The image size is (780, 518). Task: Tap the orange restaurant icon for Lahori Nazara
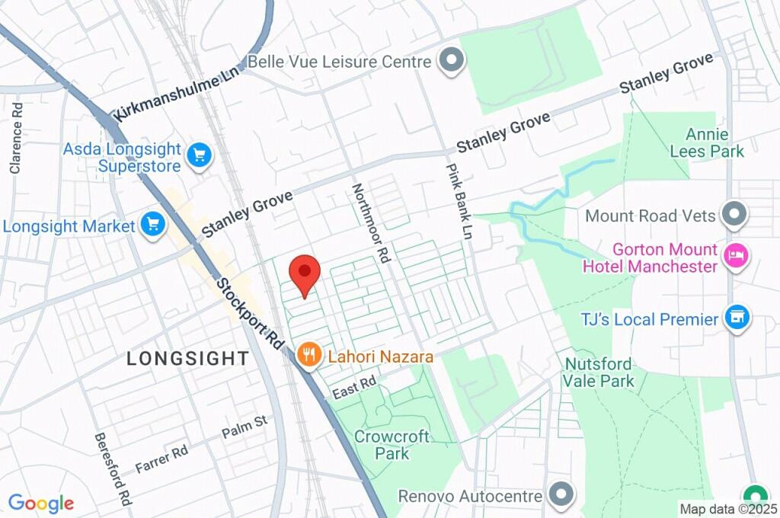click(x=308, y=355)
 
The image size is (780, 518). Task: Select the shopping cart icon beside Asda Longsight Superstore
click(x=200, y=155)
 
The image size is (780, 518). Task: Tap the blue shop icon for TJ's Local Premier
click(x=737, y=318)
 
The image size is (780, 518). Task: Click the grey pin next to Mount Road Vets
click(x=734, y=215)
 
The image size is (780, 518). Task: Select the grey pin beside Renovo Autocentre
click(x=561, y=495)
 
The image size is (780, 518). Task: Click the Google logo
click(x=41, y=504)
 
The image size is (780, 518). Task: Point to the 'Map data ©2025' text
click(x=728, y=508)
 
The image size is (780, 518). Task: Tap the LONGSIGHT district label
click(x=187, y=358)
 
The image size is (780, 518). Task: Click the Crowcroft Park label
click(x=392, y=445)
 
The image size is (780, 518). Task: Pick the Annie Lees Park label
click(x=706, y=142)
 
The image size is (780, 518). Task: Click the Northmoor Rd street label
click(x=370, y=223)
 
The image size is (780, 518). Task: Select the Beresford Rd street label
click(x=112, y=469)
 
